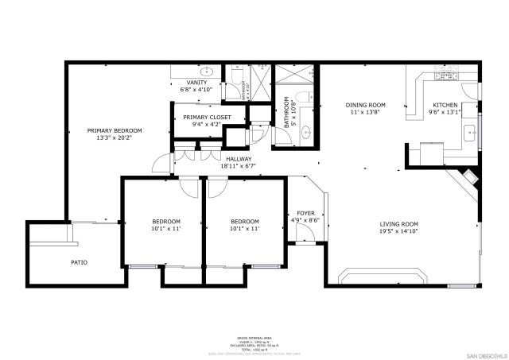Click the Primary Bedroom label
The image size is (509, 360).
point(115,130)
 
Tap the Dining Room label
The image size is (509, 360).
point(365,105)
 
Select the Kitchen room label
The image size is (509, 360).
point(445,105)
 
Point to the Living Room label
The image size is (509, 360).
point(398,224)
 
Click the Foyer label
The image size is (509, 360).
point(305,213)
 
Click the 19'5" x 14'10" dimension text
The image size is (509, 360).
point(398,231)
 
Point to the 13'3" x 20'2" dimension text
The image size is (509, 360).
point(115,137)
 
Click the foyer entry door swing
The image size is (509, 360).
point(304,233)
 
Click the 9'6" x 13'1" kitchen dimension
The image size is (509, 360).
point(445,112)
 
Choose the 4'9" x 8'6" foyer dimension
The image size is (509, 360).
point(305,220)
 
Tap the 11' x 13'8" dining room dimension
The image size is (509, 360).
point(365,112)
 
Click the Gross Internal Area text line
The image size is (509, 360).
point(254,337)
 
